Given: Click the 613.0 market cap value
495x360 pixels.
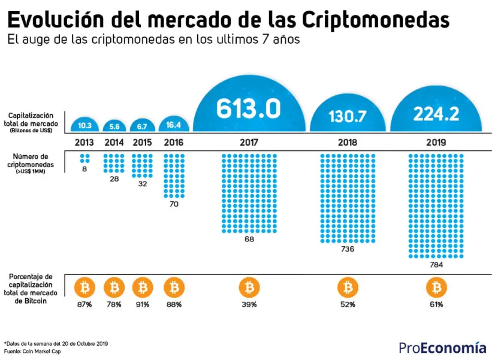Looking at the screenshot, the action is (x=249, y=108).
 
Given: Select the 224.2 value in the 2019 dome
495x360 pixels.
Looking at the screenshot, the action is (x=436, y=114).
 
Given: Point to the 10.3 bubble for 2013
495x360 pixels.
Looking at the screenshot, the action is (x=84, y=125).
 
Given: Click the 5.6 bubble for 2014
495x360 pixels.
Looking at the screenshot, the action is (x=114, y=126).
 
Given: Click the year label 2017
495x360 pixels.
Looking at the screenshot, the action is (x=249, y=143).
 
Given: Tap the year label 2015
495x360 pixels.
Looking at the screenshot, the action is (x=142, y=143).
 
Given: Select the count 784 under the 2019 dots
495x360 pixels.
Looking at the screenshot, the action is (x=436, y=265).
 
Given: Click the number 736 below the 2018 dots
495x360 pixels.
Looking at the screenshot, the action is (x=348, y=249).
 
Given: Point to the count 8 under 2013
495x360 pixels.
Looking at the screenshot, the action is (x=84, y=169).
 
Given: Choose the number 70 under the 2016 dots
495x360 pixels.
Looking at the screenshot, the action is (x=174, y=204).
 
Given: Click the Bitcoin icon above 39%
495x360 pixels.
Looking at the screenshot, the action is (x=249, y=288).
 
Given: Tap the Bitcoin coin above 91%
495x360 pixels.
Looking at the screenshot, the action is (x=143, y=288).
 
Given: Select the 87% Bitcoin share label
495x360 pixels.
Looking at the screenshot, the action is (x=84, y=304).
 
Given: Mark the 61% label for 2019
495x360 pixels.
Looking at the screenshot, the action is (x=436, y=304).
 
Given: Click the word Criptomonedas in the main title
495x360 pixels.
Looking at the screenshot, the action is (x=375, y=20).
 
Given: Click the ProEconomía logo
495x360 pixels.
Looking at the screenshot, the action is (x=442, y=347).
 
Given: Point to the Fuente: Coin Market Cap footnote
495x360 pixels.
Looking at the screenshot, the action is (x=32, y=352).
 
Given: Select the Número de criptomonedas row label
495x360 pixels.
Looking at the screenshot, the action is (x=31, y=164).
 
